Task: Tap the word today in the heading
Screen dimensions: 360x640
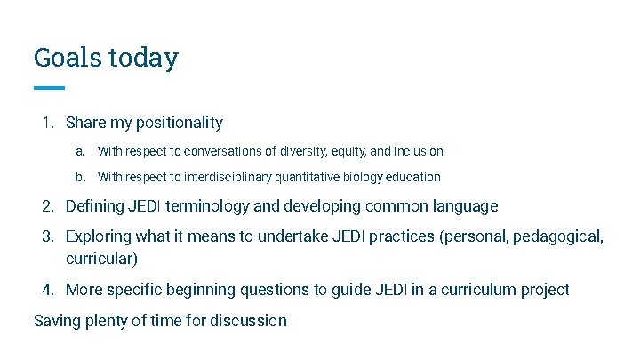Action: [143, 58]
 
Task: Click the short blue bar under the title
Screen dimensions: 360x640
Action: [49, 88]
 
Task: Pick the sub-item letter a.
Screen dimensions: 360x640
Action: [80, 151]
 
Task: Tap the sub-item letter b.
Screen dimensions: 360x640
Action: [80, 177]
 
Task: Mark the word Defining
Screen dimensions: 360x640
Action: [97, 206]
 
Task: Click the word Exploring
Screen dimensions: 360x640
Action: [100, 237]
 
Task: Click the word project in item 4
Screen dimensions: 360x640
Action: [542, 290]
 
